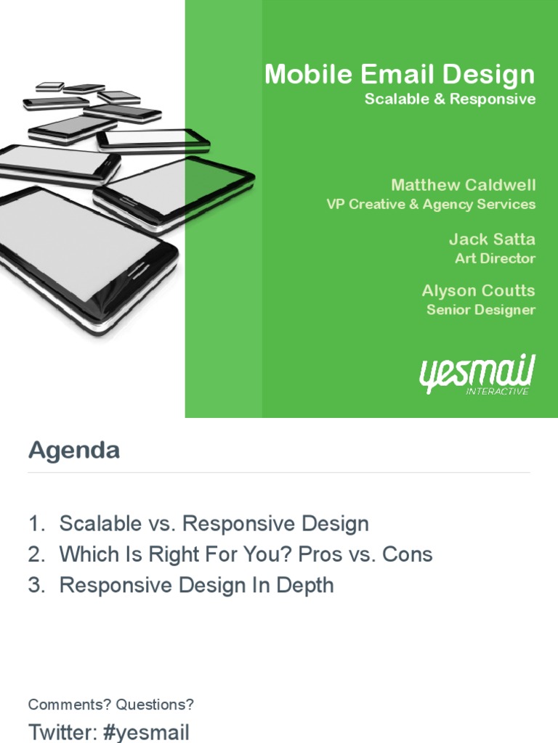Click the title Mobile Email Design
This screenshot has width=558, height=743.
[400, 74]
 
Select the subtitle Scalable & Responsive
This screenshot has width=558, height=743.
[450, 99]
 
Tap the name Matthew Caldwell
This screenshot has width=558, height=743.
[463, 184]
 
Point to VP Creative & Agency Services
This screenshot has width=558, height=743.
[431, 205]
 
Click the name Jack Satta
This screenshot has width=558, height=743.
[492, 239]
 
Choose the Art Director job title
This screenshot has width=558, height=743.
[495, 258]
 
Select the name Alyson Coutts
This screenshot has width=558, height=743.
[478, 290]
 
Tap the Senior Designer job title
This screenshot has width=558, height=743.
[481, 310]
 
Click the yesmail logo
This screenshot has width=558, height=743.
[477, 372]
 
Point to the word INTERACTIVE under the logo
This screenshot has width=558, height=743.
[498, 391]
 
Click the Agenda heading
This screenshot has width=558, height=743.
[74, 451]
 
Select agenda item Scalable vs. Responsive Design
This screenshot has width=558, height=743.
[214, 523]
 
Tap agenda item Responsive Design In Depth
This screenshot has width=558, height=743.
[196, 586]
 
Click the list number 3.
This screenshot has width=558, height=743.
[35, 586]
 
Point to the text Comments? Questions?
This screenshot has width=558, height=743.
[111, 705]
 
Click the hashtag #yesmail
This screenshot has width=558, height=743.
[147, 731]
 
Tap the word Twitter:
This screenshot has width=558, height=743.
[62, 731]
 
